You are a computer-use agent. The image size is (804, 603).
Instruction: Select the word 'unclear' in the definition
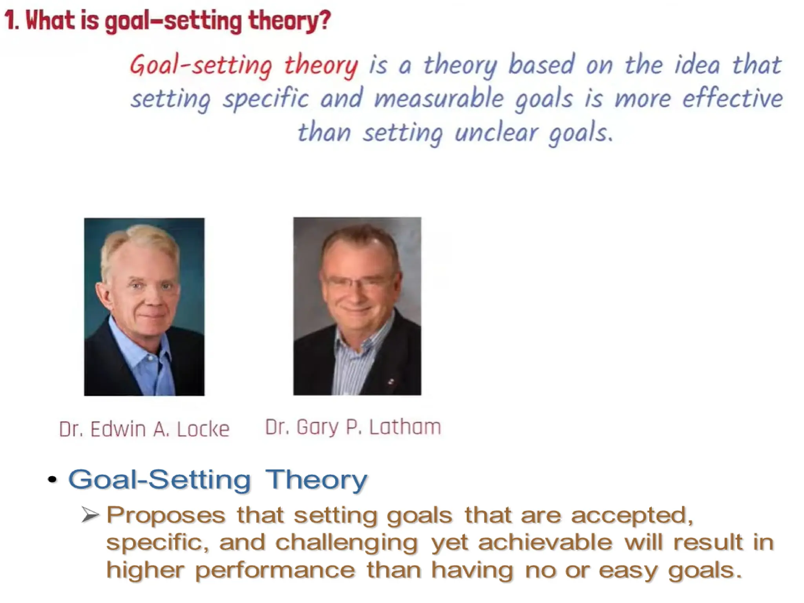click(x=496, y=133)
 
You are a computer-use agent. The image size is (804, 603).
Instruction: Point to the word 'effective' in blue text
click(x=732, y=98)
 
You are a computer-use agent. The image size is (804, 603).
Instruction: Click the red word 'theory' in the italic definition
click(x=321, y=65)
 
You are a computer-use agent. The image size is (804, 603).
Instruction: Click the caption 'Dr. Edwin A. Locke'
click(x=144, y=429)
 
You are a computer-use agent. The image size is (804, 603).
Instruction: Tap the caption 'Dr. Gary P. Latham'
click(x=353, y=427)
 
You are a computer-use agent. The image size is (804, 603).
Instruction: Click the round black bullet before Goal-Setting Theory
click(x=52, y=479)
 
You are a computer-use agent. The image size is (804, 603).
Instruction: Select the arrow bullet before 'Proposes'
click(x=90, y=515)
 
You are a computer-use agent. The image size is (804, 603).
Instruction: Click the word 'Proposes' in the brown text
click(x=166, y=515)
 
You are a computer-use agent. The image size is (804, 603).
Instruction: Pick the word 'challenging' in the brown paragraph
click(x=346, y=543)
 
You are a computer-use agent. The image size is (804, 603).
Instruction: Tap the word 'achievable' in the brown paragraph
click(x=545, y=543)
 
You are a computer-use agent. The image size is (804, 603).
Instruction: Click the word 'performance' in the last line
click(x=275, y=570)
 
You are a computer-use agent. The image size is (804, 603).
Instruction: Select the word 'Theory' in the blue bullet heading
click(x=316, y=480)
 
